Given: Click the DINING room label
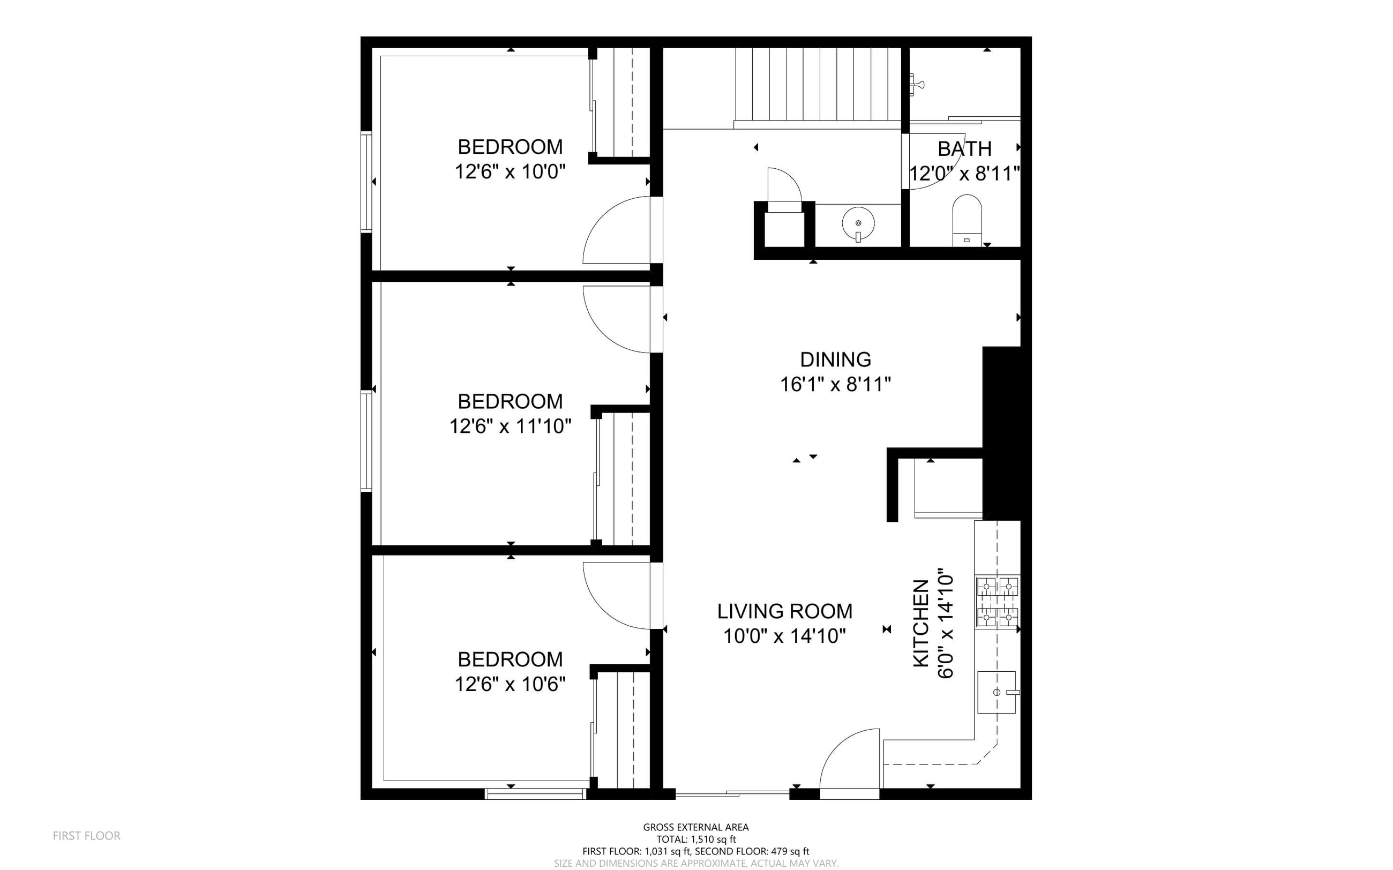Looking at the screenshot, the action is pyautogui.click(x=835, y=359).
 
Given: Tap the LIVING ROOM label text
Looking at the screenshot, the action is pyautogui.click(x=784, y=611).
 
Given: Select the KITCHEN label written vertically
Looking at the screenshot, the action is pyautogui.click(x=921, y=623).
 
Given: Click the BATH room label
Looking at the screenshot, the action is pyautogui.click(x=964, y=148).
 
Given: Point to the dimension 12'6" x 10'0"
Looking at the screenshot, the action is pyautogui.click(x=511, y=171).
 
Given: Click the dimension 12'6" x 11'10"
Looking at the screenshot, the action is pyautogui.click(x=511, y=426).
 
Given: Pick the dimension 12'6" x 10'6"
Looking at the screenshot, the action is pyautogui.click(x=511, y=684).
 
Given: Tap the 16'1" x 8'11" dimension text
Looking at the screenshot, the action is pyautogui.click(x=835, y=384).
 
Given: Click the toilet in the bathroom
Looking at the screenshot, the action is pyautogui.click(x=967, y=221).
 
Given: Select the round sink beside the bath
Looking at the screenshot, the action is pyautogui.click(x=858, y=224).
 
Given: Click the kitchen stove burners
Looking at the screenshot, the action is pyautogui.click(x=997, y=602).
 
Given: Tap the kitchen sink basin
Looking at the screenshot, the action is pyautogui.click(x=997, y=692).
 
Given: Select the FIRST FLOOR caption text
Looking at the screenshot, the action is pyautogui.click(x=87, y=836).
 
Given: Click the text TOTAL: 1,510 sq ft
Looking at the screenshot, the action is pyautogui.click(x=696, y=839).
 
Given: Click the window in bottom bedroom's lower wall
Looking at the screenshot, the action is pyautogui.click(x=536, y=794).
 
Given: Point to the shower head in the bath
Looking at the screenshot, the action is pyautogui.click(x=917, y=85).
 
